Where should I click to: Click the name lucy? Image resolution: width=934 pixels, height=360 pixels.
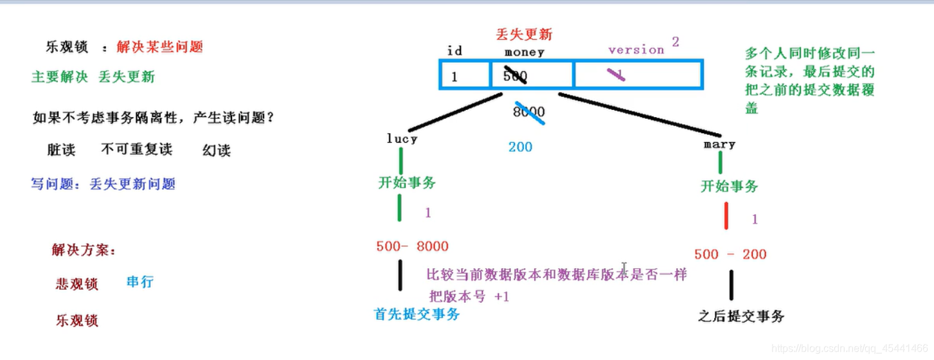tap(402, 139)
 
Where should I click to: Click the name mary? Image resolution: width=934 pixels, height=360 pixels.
tap(719, 144)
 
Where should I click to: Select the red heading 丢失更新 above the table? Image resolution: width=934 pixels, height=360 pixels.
tap(524, 34)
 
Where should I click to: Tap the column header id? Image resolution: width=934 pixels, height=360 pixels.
tap(454, 51)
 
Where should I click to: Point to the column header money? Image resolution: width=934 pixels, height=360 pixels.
tap(524, 52)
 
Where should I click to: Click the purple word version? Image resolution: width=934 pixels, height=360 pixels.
tap(636, 50)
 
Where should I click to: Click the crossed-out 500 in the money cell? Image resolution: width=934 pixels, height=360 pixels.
tap(515, 76)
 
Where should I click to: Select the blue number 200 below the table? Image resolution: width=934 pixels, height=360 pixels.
tap(520, 147)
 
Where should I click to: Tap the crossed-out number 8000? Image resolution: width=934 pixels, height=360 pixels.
tap(529, 112)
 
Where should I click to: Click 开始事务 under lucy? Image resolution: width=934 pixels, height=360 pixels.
tap(407, 183)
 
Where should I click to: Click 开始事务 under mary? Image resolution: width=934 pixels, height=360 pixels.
tap(729, 186)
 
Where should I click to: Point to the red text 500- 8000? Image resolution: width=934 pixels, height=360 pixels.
tap(412, 246)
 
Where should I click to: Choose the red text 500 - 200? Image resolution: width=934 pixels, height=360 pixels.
tap(730, 255)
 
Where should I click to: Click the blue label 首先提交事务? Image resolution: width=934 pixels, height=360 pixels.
tap(417, 314)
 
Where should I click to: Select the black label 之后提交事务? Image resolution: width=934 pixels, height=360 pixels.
tap(741, 316)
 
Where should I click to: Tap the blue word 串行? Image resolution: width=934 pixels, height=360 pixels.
tap(140, 282)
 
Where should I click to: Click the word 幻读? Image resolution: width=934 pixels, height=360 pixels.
tap(217, 150)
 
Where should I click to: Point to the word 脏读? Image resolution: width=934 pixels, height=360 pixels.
tap(62, 150)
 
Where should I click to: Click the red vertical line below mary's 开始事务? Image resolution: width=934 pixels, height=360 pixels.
tap(726, 215)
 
